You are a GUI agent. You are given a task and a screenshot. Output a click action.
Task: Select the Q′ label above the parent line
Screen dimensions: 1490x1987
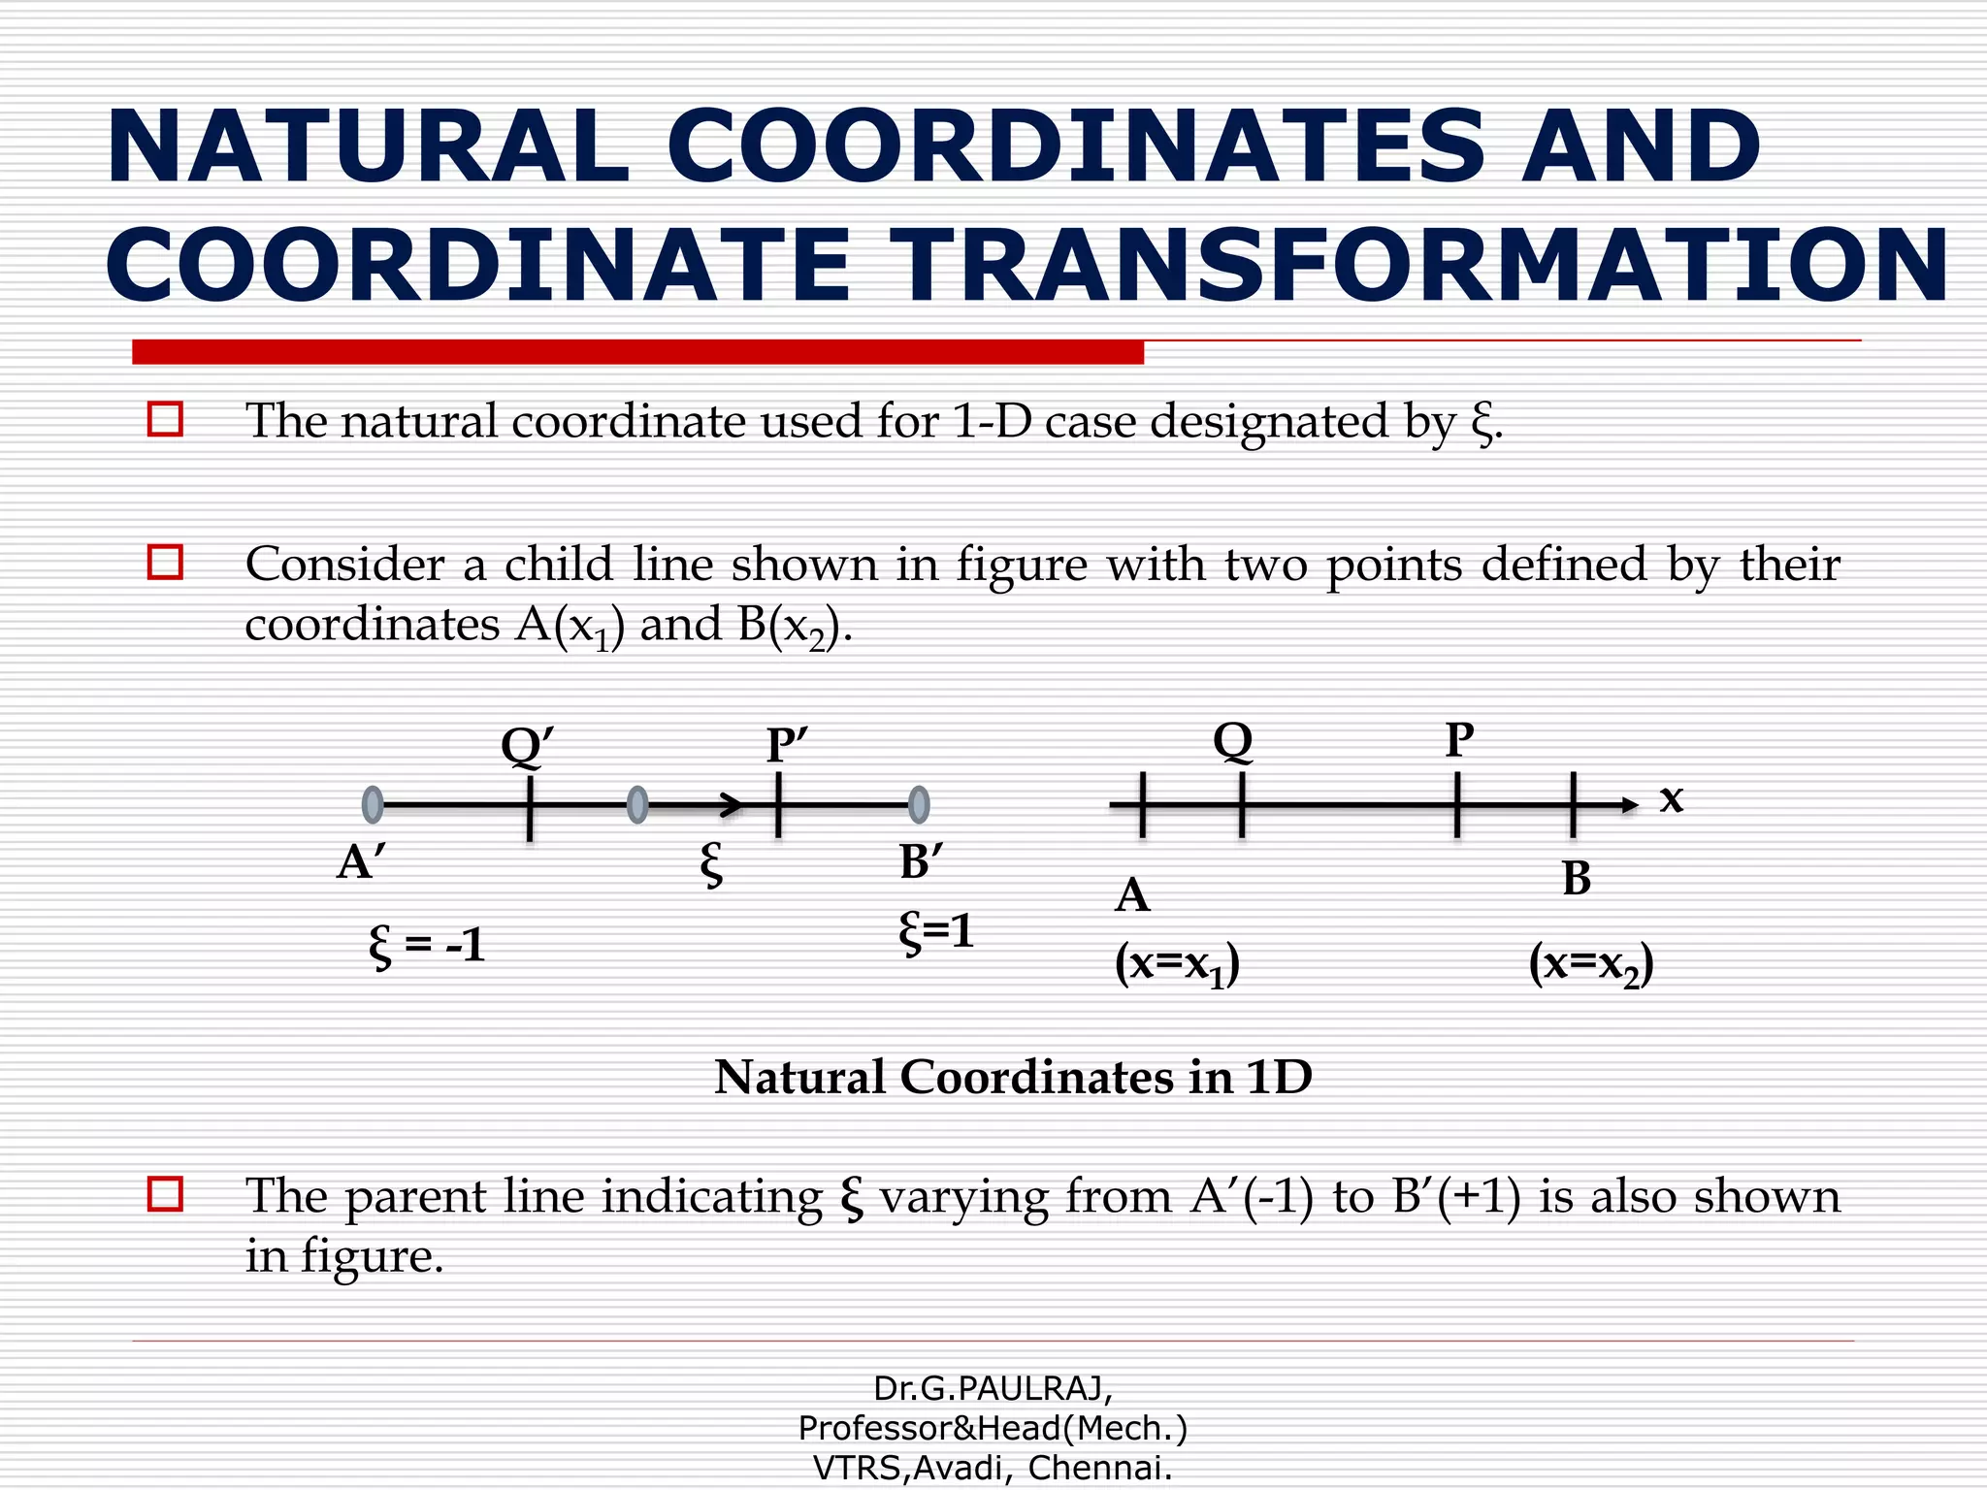(x=527, y=745)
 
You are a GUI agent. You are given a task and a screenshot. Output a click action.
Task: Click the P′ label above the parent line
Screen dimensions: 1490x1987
(x=786, y=745)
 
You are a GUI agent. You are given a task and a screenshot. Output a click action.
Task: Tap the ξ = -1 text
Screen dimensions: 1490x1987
(x=427, y=945)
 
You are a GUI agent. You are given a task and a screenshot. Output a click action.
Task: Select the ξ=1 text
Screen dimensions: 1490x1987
(x=935, y=931)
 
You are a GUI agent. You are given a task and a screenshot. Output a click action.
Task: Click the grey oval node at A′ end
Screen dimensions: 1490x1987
(x=372, y=804)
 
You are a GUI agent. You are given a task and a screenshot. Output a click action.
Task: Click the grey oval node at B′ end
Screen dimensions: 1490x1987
(x=919, y=804)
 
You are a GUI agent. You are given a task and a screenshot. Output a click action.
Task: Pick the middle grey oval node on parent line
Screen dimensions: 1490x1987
(x=637, y=804)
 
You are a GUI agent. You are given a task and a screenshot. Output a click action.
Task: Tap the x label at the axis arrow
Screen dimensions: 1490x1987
(x=1671, y=798)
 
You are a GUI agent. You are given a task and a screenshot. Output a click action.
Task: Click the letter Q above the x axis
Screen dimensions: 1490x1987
(x=1233, y=740)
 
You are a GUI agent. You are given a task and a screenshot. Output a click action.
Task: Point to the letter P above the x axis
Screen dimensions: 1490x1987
(x=1459, y=740)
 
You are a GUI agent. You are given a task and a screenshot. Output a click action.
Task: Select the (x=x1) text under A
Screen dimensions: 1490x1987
(x=1177, y=964)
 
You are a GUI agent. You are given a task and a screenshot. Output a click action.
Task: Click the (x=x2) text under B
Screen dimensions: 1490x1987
(x=1591, y=964)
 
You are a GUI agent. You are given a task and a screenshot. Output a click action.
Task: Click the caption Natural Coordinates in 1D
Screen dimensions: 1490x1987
(x=1013, y=1077)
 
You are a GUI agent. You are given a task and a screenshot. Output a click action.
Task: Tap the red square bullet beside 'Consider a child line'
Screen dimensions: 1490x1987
(x=165, y=562)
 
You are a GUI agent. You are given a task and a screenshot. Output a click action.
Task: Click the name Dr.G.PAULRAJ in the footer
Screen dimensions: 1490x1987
(x=992, y=1389)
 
